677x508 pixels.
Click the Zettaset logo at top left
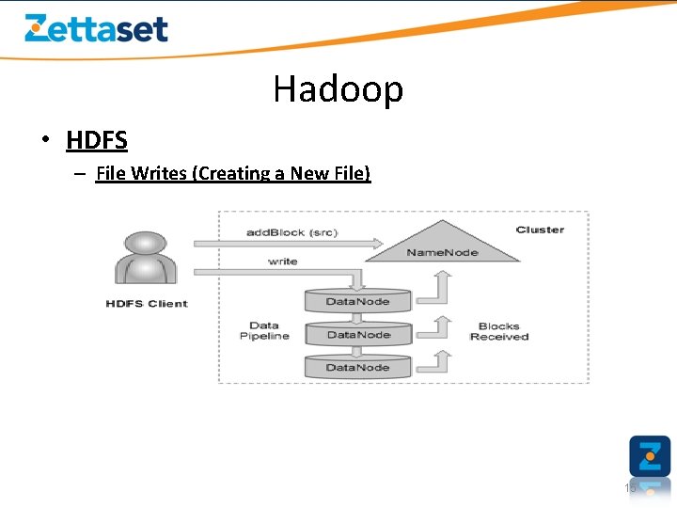(96, 28)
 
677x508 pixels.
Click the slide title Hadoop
(338, 89)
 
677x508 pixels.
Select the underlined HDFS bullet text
(97, 140)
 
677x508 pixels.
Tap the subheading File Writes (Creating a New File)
(233, 173)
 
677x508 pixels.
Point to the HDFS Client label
(147, 304)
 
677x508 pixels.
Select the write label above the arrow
(283, 261)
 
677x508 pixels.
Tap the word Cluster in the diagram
(540, 230)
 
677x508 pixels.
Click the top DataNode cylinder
(358, 301)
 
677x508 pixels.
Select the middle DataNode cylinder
(358, 334)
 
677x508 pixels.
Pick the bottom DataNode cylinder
(358, 367)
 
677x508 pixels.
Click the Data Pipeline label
(264, 331)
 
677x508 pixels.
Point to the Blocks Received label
(499, 331)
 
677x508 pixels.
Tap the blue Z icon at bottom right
(650, 456)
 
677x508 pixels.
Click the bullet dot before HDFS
(44, 141)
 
